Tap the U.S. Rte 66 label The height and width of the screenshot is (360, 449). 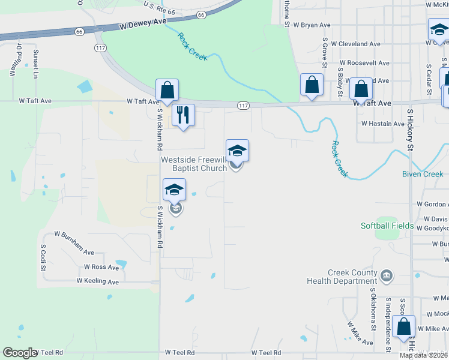[x=158, y=7]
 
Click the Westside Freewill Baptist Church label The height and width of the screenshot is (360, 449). [x=193, y=164]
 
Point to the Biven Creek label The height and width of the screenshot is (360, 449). [x=422, y=174]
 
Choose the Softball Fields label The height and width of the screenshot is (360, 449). [x=387, y=226]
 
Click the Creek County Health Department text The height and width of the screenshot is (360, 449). [x=342, y=277]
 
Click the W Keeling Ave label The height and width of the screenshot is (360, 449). [x=98, y=281]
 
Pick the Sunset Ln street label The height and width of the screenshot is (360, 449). [x=35, y=64]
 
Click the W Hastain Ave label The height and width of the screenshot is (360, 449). [x=382, y=124]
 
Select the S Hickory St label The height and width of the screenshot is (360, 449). [x=411, y=130]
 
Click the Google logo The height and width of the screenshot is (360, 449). [x=20, y=353]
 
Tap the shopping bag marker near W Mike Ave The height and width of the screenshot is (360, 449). [x=405, y=327]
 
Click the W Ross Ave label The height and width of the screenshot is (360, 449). [x=101, y=266]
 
